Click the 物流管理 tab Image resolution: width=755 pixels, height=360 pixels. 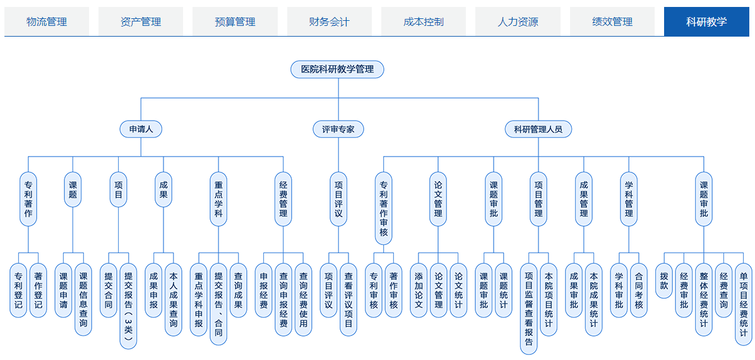pos(47,21)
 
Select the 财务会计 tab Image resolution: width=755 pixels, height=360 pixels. pos(330,21)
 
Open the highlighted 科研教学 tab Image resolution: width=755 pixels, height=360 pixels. pos(706,21)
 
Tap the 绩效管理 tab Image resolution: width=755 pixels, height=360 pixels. pos(612,21)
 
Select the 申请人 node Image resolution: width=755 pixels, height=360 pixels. pos(141,129)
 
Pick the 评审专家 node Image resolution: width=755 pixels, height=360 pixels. pos(338,129)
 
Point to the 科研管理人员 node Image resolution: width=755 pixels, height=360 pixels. pos(538,129)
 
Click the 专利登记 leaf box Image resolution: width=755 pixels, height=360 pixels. pos(18,291)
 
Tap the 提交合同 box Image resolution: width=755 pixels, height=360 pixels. pos(108,291)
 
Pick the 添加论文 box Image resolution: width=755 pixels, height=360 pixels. pos(419,291)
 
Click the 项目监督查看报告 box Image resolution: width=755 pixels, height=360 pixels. pos(529,308)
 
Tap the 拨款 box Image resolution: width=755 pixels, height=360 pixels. pos(665,282)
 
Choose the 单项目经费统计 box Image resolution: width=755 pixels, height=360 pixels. pos(744,304)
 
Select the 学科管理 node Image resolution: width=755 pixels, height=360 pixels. pos(629,199)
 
